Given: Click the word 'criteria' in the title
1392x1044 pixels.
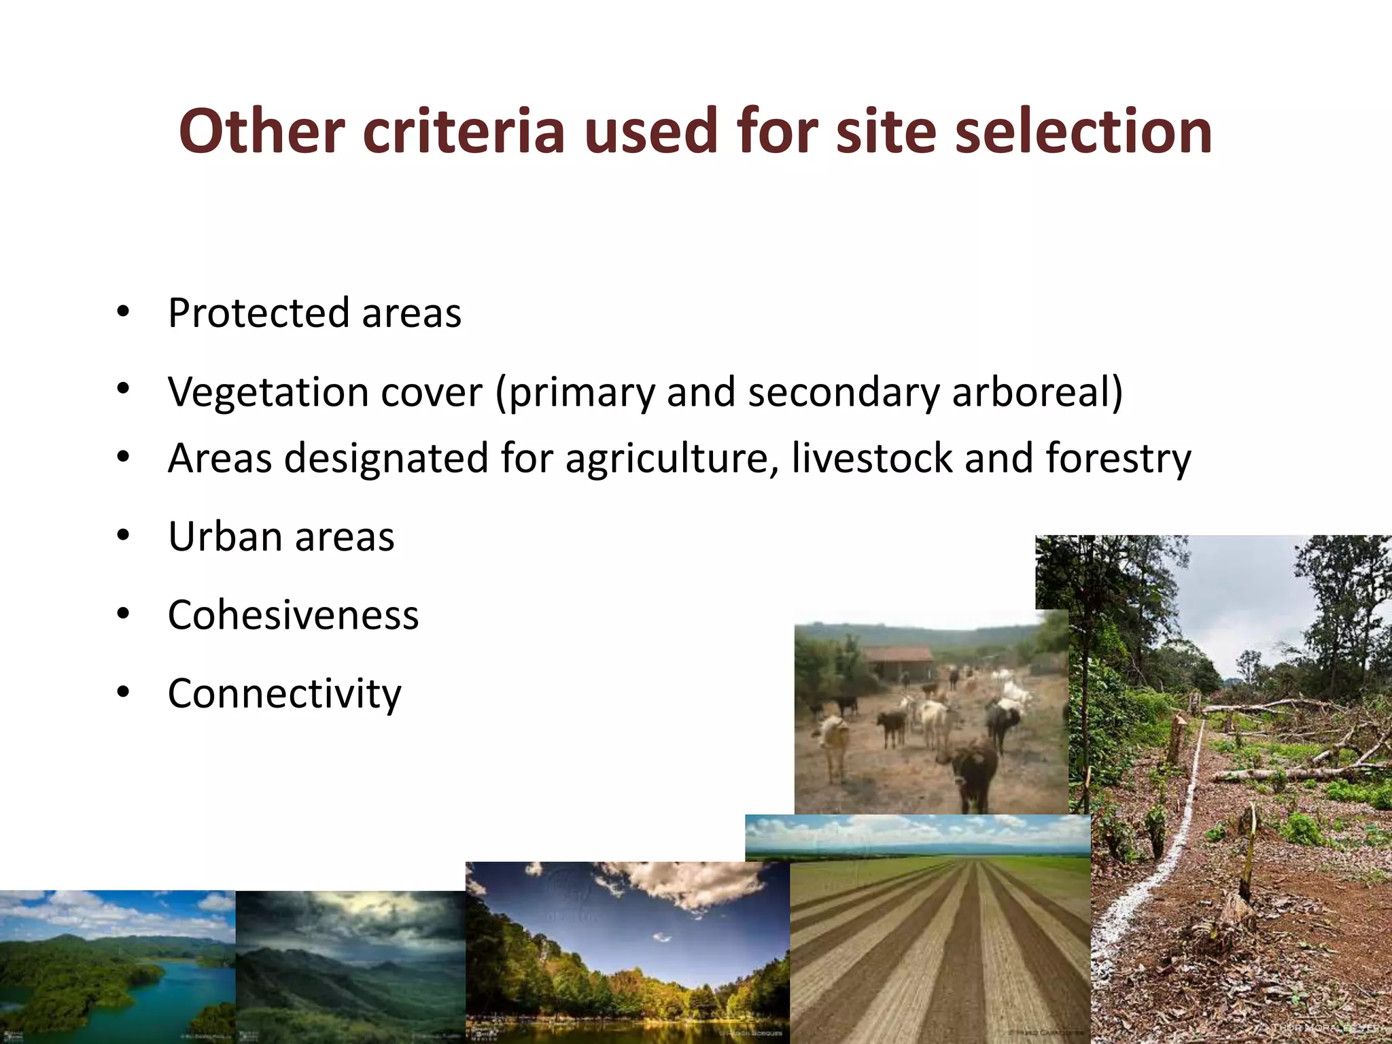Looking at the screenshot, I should click(464, 130).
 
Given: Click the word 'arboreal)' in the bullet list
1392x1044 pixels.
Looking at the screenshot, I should click(1037, 393).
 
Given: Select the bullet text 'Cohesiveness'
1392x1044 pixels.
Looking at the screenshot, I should click(293, 615).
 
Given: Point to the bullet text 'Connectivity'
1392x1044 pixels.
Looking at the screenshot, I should click(284, 694).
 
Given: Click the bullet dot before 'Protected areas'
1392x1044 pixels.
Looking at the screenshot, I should click(123, 313).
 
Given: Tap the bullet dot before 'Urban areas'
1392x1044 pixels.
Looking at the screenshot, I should click(123, 536).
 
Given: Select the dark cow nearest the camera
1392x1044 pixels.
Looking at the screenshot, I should click(973, 771).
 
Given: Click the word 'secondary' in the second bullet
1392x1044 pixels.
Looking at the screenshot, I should click(843, 393).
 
